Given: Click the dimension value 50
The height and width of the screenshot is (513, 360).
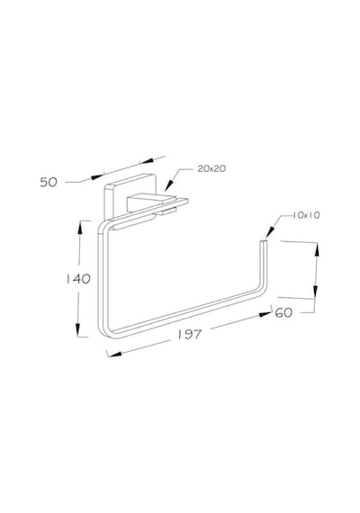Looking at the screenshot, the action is [49, 182].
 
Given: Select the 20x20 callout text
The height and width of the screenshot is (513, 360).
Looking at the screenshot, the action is [211, 168].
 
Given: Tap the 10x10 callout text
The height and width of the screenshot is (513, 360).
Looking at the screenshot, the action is [306, 215].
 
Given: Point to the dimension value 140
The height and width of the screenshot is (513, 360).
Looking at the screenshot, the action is [78, 279].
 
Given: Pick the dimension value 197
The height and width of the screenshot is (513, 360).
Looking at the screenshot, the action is [190, 335].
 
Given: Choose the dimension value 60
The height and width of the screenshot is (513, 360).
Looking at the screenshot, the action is [283, 313].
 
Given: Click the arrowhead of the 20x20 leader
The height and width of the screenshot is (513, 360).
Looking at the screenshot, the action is [168, 185].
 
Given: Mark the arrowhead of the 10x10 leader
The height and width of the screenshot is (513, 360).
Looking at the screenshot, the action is [269, 232].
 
